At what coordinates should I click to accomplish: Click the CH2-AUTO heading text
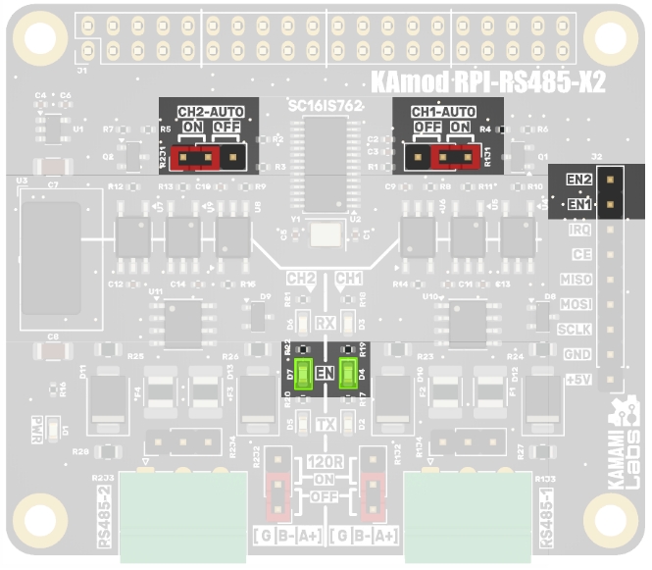coord(209,112)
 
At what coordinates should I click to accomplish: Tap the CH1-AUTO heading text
coord(442,112)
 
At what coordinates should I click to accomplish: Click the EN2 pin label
coord(578,180)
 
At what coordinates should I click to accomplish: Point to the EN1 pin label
coord(578,204)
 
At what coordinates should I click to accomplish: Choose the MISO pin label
coord(577,280)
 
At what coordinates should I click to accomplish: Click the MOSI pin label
coord(577,304)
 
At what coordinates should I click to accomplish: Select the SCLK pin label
coord(577,330)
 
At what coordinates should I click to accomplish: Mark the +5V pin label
coord(577,379)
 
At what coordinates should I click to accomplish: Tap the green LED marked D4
coord(348,374)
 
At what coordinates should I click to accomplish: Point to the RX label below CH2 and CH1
coord(326,324)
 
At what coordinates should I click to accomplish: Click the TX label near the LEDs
coord(326,424)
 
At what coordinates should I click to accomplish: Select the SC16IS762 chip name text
coord(326,105)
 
